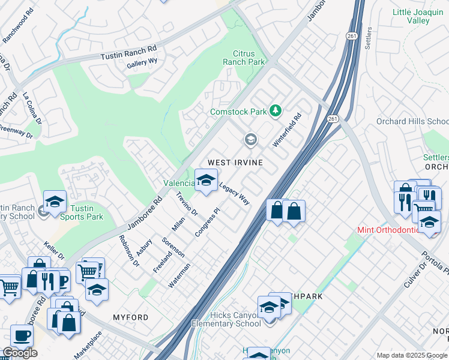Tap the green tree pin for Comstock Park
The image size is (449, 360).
(276, 111)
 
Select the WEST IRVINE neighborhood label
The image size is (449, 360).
(235, 163)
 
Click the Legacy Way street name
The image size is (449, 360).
(234, 194)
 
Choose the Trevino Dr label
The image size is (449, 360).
(187, 203)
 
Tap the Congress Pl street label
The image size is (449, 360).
(208, 222)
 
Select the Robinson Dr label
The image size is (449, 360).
(129, 250)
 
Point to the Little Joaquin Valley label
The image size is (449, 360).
(419, 16)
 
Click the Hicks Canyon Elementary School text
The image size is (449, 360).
(226, 319)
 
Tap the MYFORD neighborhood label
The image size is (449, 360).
(130, 317)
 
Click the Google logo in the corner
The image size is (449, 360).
(20, 353)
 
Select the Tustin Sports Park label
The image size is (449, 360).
(82, 212)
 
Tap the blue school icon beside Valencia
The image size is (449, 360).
(206, 180)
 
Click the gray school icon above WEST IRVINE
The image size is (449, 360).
(250, 140)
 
